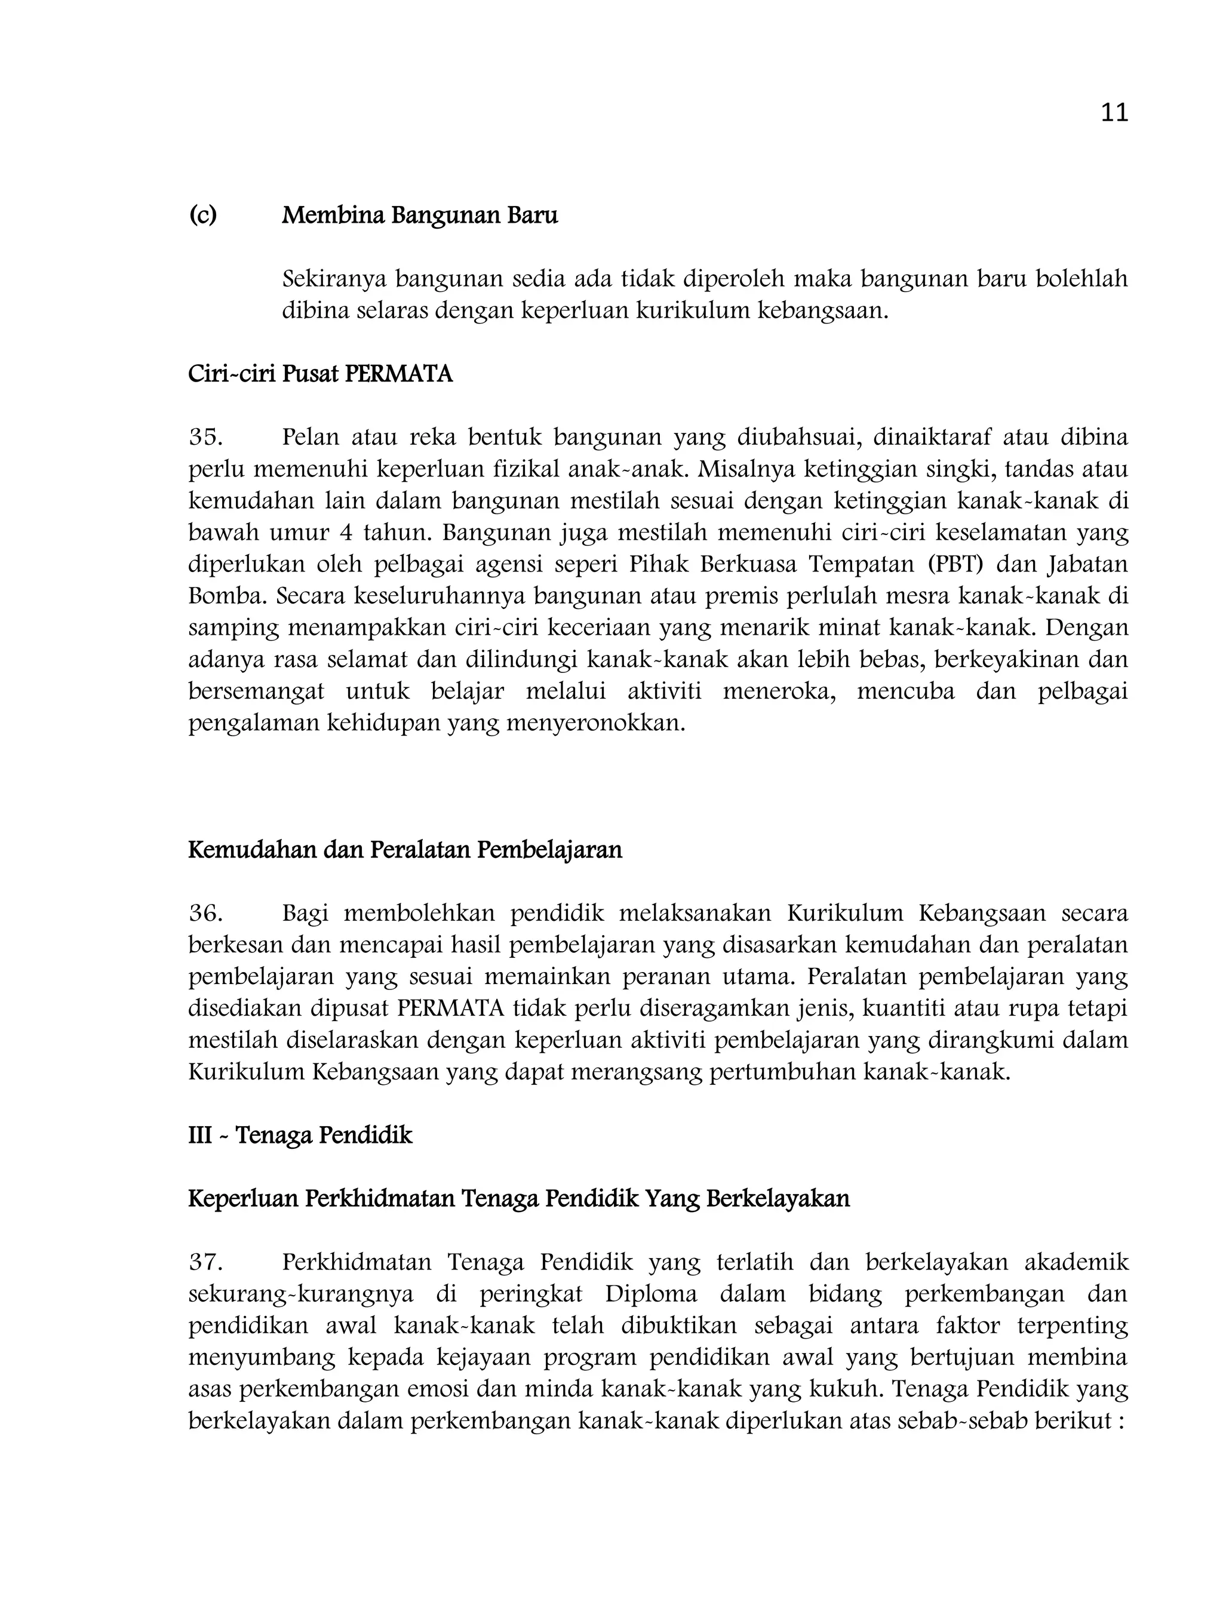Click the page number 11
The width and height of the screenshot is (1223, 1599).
tap(1114, 113)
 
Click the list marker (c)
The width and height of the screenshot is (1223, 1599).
tap(203, 216)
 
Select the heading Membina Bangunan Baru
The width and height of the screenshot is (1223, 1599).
tap(419, 216)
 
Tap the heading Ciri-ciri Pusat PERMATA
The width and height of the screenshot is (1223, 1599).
tap(320, 374)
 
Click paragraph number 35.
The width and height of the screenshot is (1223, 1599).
tap(205, 438)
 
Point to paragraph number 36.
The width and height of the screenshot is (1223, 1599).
tap(205, 914)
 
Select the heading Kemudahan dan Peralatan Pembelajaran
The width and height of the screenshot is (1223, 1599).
tap(405, 850)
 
